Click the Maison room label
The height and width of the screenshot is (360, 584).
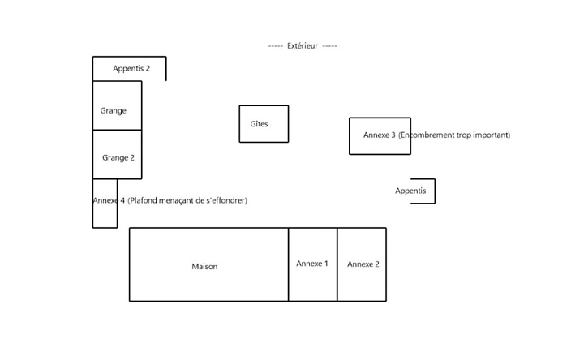(x=204, y=267)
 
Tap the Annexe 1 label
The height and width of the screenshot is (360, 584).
(x=312, y=264)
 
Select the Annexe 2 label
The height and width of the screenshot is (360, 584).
(x=363, y=264)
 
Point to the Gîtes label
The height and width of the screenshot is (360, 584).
(x=259, y=124)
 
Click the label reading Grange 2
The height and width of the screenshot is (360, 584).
(x=118, y=158)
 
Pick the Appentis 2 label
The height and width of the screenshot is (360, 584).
(x=131, y=69)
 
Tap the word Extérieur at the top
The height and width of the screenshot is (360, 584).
(x=303, y=46)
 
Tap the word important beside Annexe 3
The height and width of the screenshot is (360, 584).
(x=491, y=135)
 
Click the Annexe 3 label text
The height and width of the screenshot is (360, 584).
(x=379, y=135)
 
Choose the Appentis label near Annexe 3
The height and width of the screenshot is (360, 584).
(x=410, y=191)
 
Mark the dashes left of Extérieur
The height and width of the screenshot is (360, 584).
(x=275, y=46)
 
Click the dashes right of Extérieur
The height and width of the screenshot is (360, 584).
(x=329, y=46)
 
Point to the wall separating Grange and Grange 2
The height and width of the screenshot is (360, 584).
(x=118, y=130)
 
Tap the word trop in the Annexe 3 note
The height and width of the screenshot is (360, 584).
(x=462, y=135)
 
